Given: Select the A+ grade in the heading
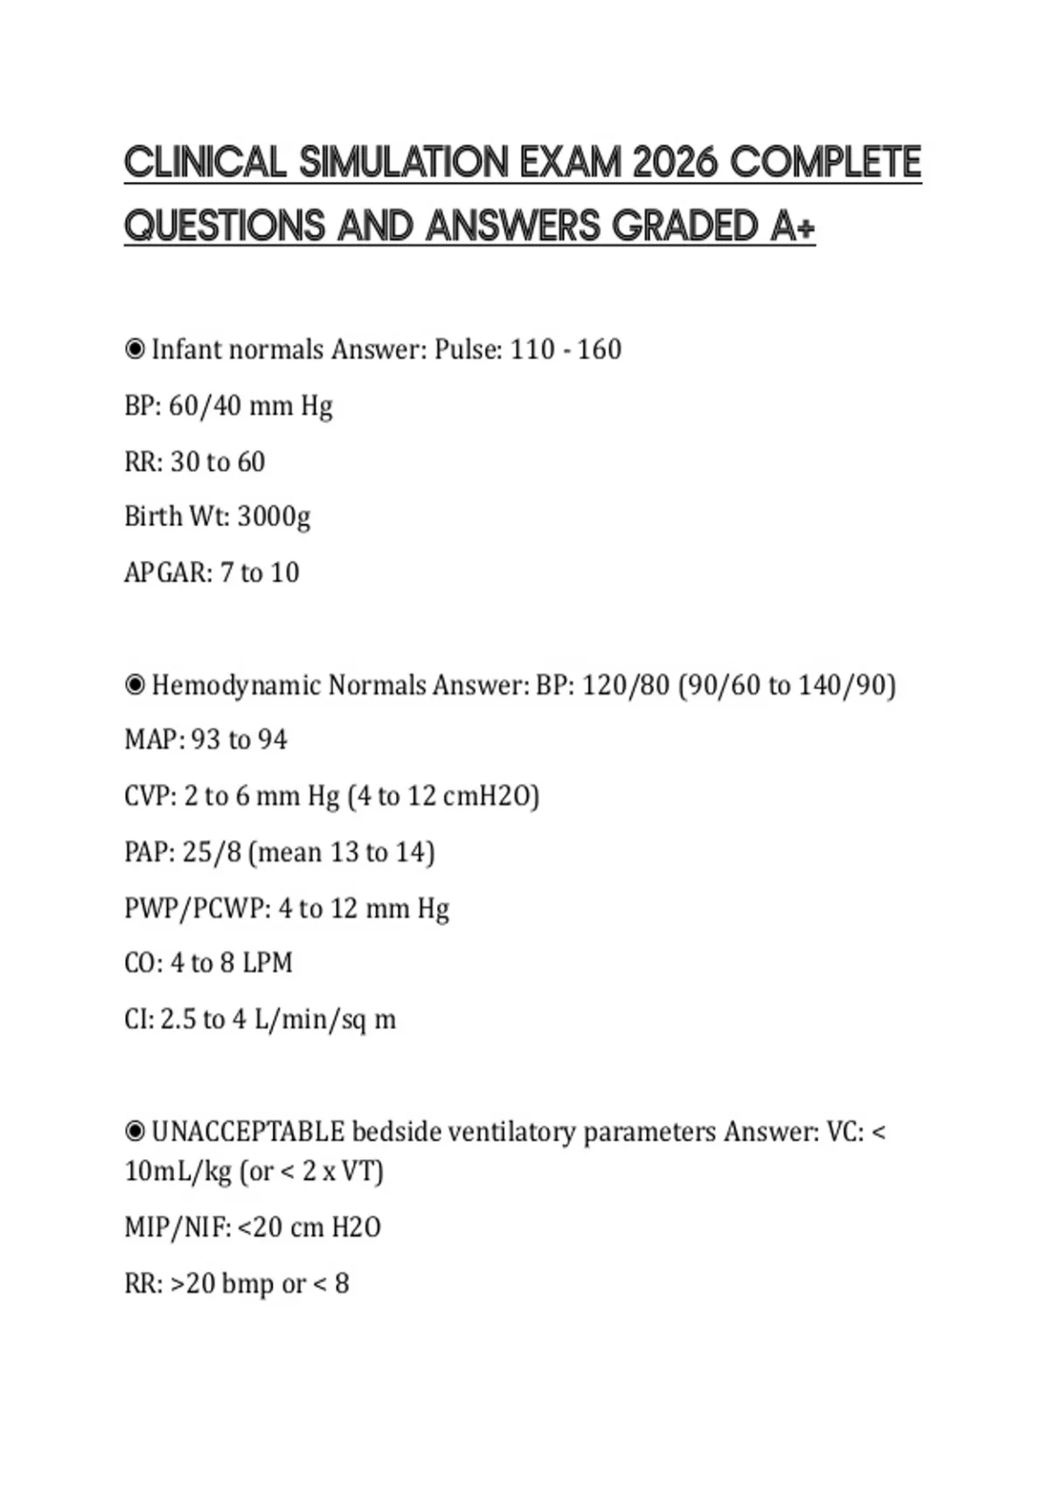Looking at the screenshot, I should (x=793, y=226).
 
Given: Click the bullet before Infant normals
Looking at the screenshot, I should (x=135, y=350).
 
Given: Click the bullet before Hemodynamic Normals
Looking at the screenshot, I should (x=135, y=684).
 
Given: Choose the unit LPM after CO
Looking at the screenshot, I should (x=267, y=963).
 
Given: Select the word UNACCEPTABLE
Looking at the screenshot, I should (x=248, y=1132).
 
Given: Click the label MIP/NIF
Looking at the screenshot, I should (x=176, y=1227).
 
